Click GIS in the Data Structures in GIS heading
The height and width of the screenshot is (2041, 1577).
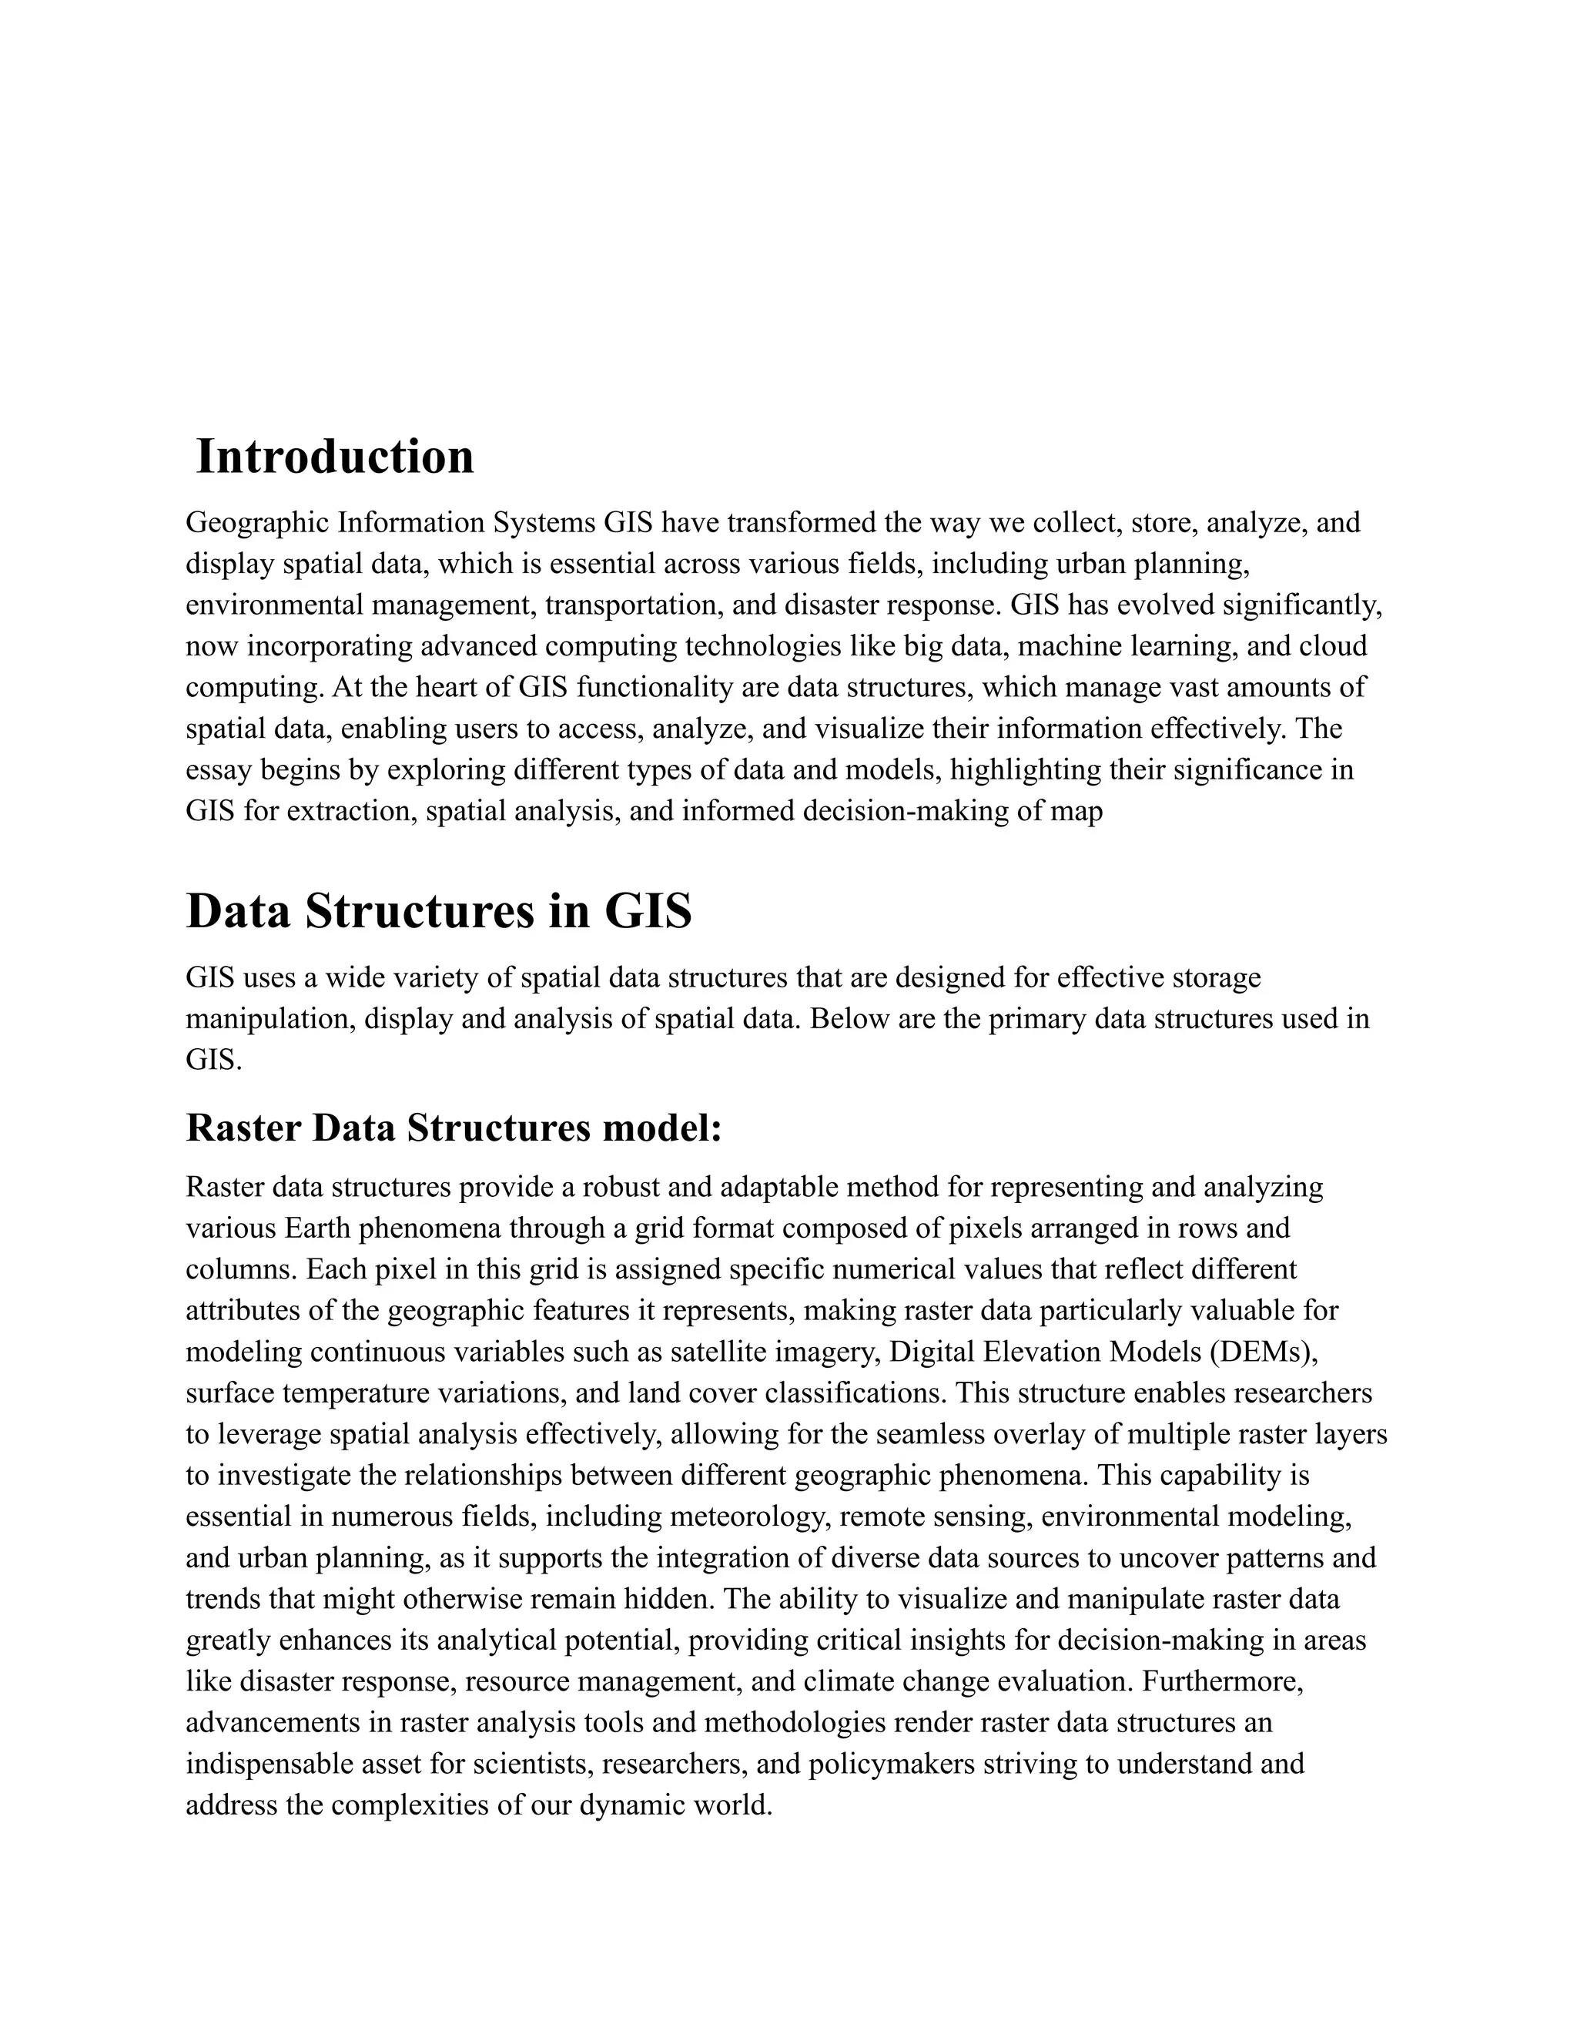pos(648,911)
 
